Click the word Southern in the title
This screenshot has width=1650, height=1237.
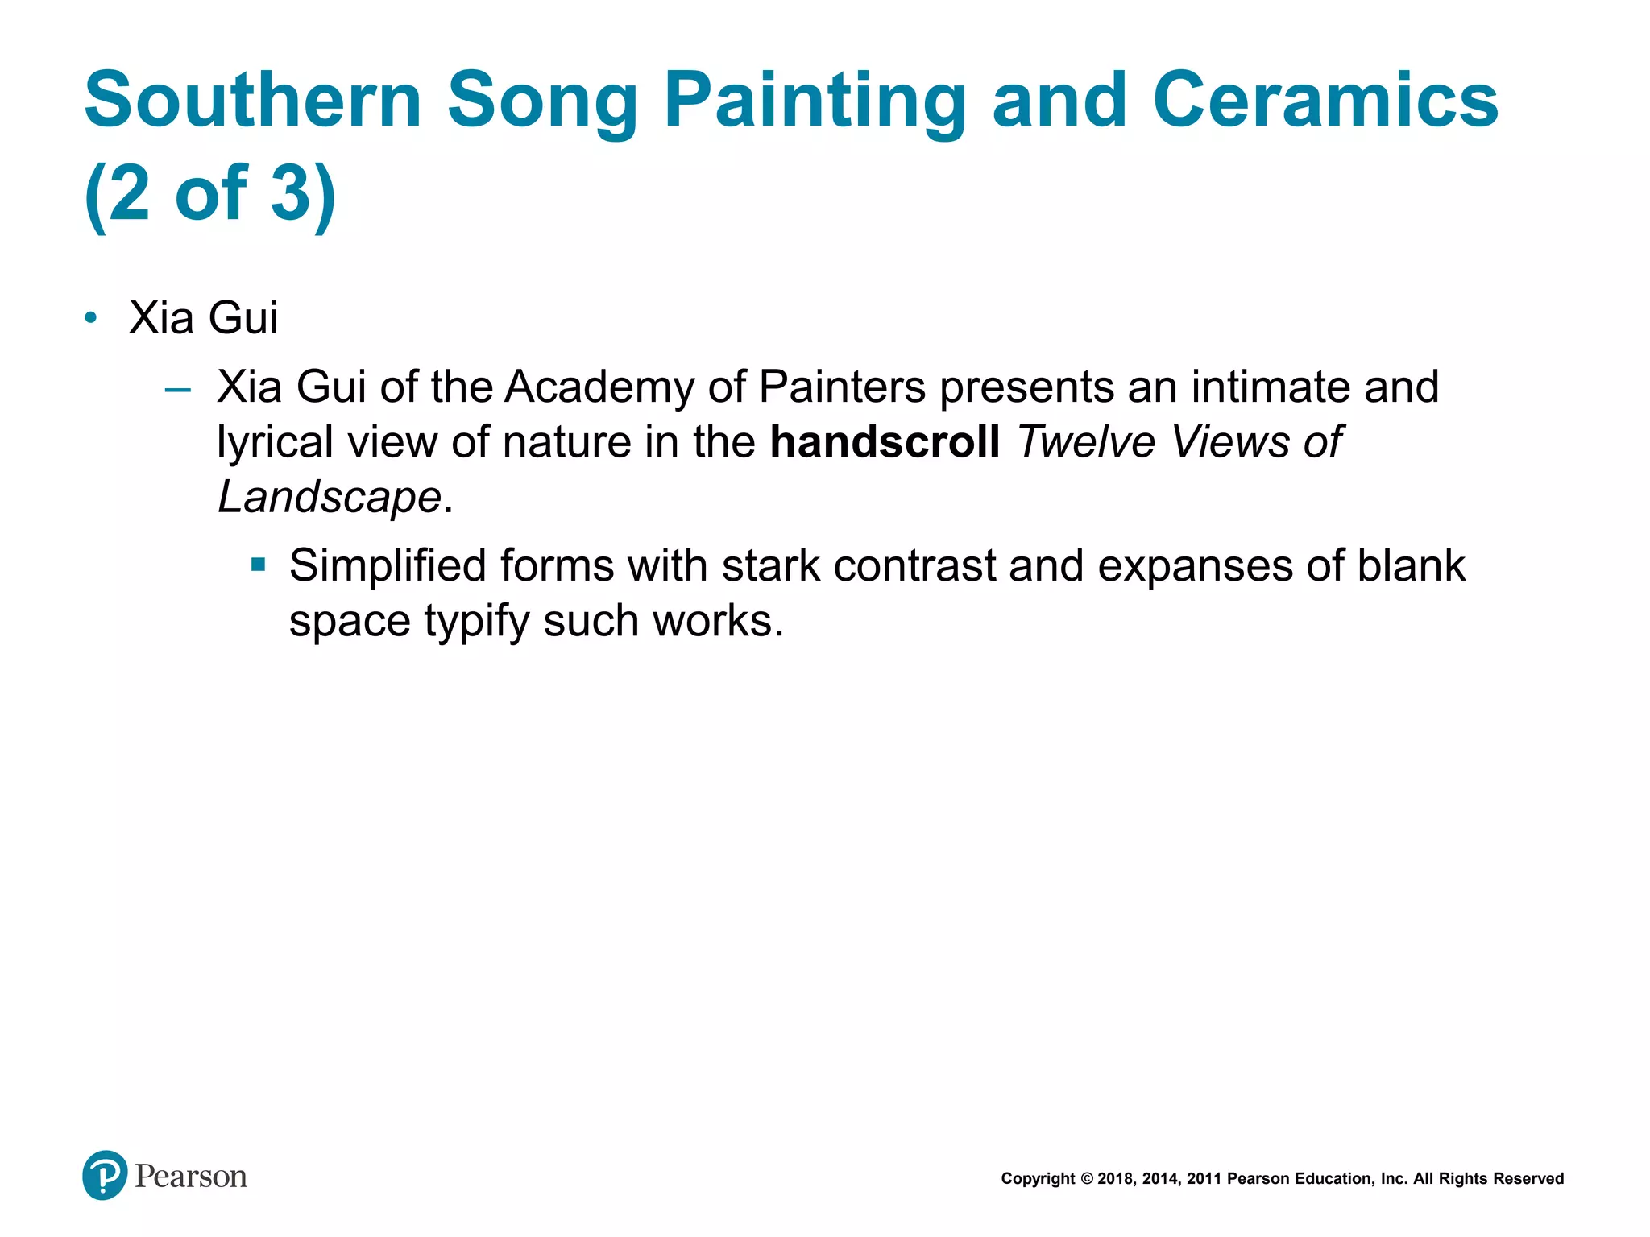[253, 100]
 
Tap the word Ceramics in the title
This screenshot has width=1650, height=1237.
[1325, 100]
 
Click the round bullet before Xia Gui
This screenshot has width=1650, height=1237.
[91, 318]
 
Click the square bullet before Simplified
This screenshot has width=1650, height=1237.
[258, 565]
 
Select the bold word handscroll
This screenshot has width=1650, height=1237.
[885, 442]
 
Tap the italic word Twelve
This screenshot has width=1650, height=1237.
[1086, 442]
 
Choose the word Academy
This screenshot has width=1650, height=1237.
[599, 387]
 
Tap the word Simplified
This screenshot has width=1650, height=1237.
[388, 566]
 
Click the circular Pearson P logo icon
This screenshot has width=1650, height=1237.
[105, 1175]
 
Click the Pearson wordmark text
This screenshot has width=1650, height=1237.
[191, 1177]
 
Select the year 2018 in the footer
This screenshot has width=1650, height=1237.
[1115, 1179]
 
